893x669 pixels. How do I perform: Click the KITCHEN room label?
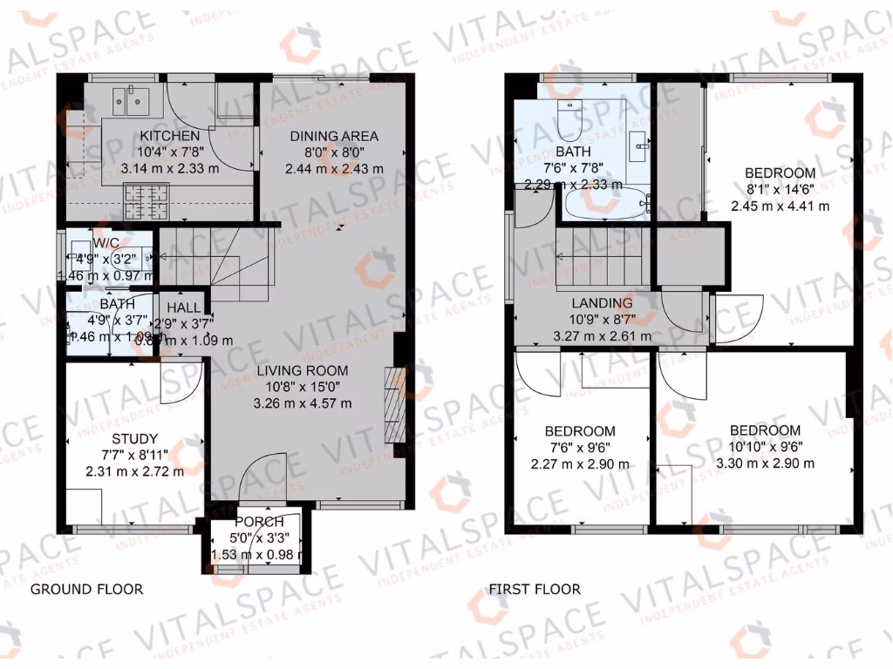[x=170, y=136]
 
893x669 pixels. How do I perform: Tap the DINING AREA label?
[x=334, y=136]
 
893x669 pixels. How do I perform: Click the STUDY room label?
[x=134, y=438]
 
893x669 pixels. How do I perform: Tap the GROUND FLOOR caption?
[x=86, y=589]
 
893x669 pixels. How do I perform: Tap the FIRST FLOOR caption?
[x=534, y=589]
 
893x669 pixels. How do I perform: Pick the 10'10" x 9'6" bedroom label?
[x=765, y=430]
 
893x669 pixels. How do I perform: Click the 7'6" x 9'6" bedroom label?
[x=580, y=431]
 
